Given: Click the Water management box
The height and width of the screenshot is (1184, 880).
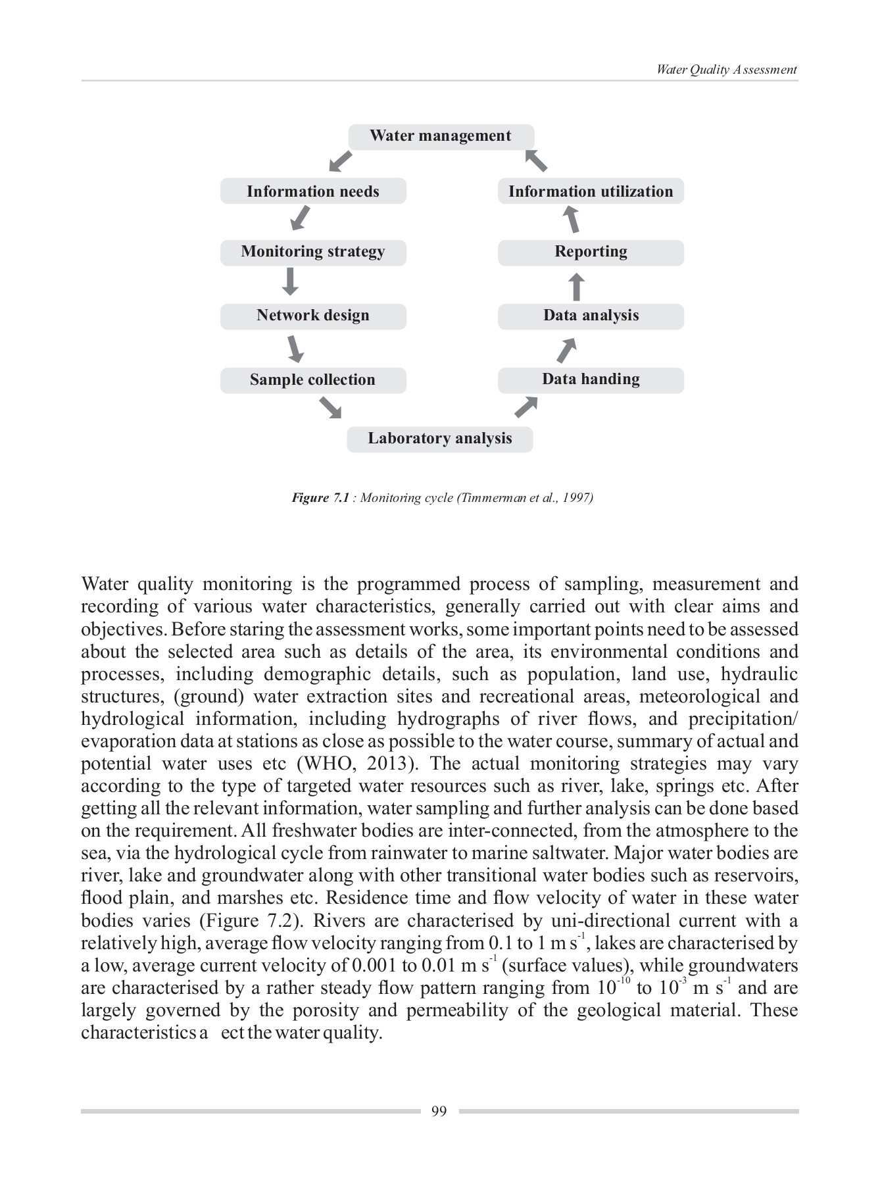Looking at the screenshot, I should tap(440, 136).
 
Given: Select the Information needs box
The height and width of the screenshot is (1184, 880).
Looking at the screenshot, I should tap(313, 191).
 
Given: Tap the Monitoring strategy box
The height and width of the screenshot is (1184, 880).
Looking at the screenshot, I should tap(313, 252).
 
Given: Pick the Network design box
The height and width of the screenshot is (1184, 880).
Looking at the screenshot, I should tap(313, 316).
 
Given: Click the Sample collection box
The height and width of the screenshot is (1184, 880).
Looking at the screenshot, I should tap(313, 380).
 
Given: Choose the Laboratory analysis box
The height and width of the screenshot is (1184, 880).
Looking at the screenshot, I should tap(439, 439).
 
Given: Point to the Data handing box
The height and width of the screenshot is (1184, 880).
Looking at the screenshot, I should tap(591, 380).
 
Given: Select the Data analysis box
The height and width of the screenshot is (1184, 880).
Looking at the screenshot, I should tap(591, 316).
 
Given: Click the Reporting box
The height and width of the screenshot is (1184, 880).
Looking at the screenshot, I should tap(591, 252).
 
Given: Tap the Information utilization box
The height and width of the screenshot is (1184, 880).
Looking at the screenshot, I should tap(591, 191).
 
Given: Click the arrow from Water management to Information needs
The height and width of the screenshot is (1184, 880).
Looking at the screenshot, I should tap(340, 161).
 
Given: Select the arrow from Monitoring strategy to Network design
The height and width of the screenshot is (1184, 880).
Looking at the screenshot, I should tap(290, 282).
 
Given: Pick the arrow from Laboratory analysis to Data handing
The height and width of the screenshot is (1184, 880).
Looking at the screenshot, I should tap(526, 407).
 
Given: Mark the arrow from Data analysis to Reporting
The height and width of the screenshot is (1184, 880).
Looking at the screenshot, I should tap(576, 287).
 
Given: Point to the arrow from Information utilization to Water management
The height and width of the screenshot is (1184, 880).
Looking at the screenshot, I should tap(536, 160).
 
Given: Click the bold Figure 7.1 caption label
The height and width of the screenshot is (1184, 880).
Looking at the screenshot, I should tap(320, 498).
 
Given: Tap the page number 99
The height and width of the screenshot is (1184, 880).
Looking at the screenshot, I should tap(439, 1112).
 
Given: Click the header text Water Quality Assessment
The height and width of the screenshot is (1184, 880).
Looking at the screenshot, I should tap(726, 70).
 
